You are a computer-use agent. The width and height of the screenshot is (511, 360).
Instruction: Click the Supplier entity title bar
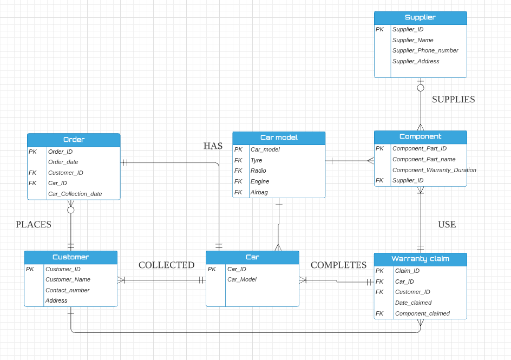click(420, 17)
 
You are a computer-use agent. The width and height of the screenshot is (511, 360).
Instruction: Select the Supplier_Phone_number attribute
click(425, 50)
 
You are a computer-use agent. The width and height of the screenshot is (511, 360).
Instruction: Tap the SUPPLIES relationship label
click(453, 100)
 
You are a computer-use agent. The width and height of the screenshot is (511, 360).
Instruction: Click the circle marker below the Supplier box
click(421, 88)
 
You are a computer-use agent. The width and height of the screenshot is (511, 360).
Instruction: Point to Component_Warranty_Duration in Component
click(434, 170)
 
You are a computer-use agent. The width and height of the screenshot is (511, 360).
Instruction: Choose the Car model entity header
click(279, 138)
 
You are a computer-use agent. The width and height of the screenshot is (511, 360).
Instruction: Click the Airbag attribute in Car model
click(259, 192)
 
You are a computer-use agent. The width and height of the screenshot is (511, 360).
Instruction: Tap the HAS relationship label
click(213, 146)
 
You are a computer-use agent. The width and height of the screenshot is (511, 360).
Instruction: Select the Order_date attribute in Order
click(63, 162)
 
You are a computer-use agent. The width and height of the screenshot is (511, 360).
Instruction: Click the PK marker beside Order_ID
click(33, 152)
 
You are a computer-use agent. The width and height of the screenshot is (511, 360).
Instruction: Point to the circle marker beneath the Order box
click(71, 210)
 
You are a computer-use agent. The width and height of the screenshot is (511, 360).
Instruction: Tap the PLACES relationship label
click(34, 224)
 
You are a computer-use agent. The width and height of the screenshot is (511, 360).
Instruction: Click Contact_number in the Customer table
click(67, 290)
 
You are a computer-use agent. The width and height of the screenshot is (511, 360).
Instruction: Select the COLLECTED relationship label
click(166, 265)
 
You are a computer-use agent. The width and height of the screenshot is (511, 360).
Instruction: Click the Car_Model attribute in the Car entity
click(241, 279)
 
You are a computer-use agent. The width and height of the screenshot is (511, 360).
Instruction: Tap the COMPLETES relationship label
click(338, 265)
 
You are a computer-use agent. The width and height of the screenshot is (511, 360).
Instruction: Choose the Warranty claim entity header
click(420, 259)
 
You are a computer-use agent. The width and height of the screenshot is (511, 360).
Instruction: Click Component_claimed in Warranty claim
click(422, 313)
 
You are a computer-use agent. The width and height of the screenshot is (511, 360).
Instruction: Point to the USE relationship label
click(447, 224)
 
